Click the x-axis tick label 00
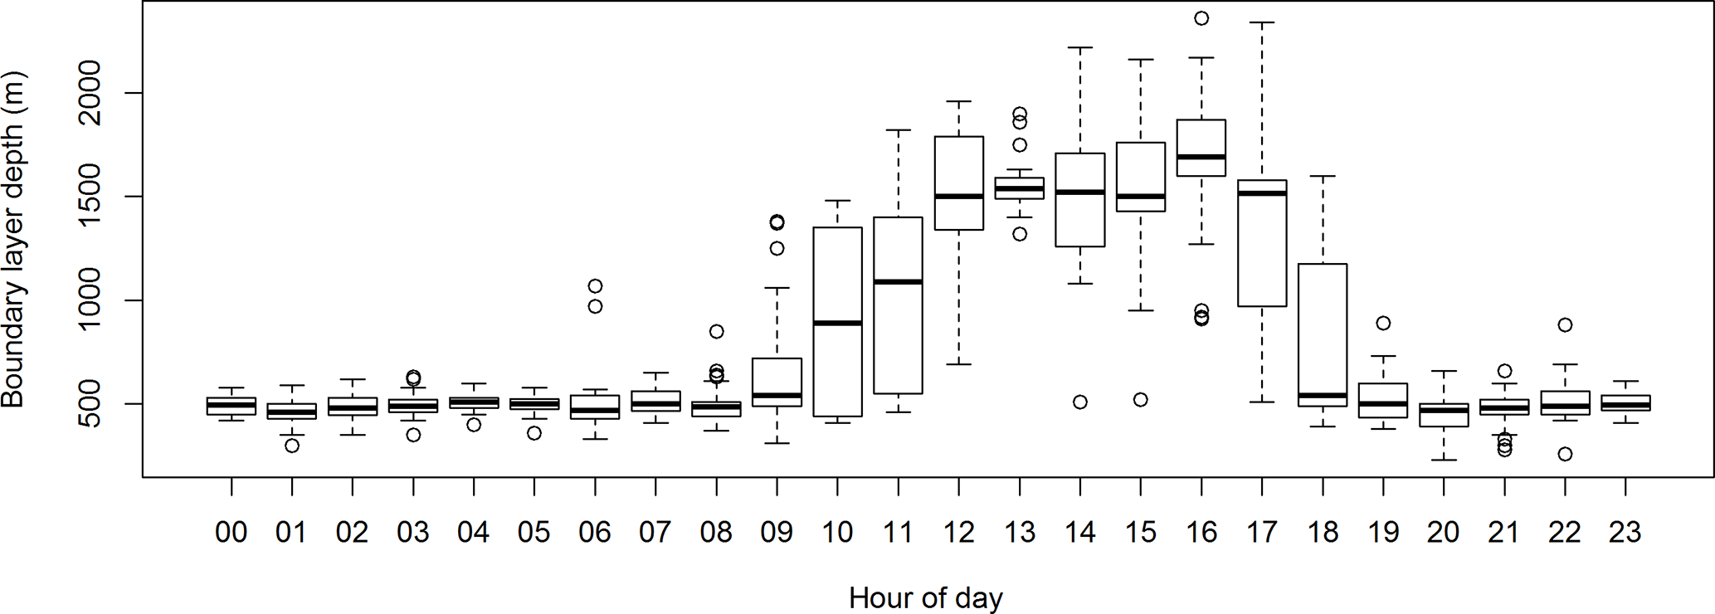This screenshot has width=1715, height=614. (x=231, y=533)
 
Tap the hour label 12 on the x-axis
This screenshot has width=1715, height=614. (x=958, y=533)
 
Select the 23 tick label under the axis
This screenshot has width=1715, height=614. (x=1625, y=533)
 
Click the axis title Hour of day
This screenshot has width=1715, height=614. (x=925, y=597)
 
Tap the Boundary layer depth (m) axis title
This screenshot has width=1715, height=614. (x=13, y=239)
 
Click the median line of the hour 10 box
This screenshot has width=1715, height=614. (x=837, y=323)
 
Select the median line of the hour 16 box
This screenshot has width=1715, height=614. (x=1201, y=156)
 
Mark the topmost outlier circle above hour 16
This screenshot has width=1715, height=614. (x=1201, y=18)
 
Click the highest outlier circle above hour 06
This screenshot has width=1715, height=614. (x=595, y=286)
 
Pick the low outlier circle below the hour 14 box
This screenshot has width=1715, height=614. (x=1079, y=402)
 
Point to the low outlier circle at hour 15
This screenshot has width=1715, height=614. (x=1140, y=400)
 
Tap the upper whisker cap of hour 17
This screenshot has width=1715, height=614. (x=1262, y=23)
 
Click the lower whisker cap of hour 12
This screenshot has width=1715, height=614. (x=958, y=364)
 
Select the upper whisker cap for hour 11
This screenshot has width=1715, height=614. (x=898, y=130)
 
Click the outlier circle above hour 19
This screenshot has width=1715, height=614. (x=1383, y=324)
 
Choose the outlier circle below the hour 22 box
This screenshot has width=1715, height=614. (x=1564, y=454)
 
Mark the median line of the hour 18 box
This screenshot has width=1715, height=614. (x=1323, y=395)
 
